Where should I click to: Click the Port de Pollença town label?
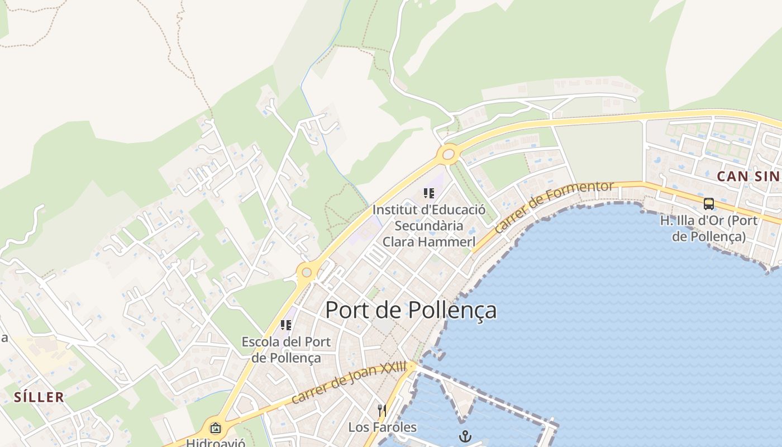coord(411,310)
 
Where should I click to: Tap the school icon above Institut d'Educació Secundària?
coord(428,193)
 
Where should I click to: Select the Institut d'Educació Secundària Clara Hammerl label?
coord(429,226)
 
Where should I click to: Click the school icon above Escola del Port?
coord(286,325)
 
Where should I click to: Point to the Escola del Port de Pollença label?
coord(286,350)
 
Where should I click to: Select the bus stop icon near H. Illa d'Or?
coord(709,204)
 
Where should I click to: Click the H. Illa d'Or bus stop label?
coord(709,229)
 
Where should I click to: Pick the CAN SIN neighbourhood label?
coord(748,177)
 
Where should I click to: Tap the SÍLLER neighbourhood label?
coord(39,397)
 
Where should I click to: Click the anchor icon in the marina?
coord(465,436)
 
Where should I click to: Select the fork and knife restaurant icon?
coord(382,411)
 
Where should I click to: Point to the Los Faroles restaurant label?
coord(383,427)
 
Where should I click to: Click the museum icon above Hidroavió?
coord(216,428)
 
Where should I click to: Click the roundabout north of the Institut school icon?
coord(448,154)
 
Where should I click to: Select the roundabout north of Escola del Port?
coord(307,273)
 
